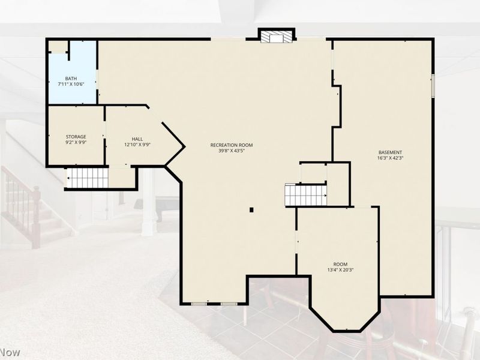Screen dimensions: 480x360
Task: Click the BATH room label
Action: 71,79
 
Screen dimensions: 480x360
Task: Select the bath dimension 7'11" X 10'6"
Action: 71,84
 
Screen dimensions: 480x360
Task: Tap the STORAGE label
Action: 76,137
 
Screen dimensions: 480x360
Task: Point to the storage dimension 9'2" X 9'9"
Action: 76,142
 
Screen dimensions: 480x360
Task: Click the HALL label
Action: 137,139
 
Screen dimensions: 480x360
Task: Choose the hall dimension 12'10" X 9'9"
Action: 137,145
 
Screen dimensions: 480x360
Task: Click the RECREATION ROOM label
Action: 232,145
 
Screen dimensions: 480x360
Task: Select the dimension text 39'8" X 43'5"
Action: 232,151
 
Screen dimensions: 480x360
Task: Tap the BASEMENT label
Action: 391,152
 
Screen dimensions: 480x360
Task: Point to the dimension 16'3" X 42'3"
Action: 391,158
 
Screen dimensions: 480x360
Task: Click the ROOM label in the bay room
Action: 340,264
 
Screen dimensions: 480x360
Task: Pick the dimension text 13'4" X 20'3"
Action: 340,270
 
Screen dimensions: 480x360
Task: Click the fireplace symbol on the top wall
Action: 277,36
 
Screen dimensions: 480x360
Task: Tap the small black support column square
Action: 251,209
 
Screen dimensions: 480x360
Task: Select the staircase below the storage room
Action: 88,178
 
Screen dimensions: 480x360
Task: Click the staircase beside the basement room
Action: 305,195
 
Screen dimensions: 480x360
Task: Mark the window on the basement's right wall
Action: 433,86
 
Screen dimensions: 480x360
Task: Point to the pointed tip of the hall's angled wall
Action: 185,147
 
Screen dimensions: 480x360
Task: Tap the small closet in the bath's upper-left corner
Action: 58,47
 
